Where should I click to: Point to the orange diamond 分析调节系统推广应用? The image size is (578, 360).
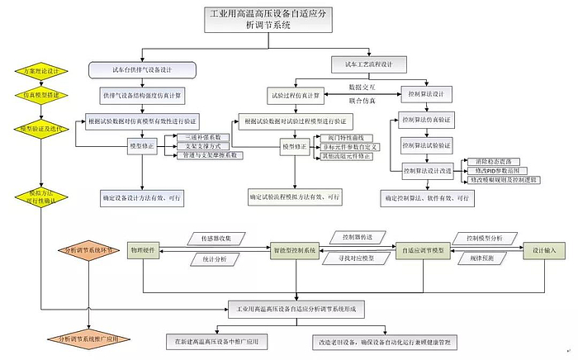89,339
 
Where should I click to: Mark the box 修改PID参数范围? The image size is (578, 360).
499,169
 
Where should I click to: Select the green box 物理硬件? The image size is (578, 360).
144,249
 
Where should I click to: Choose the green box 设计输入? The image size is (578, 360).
543,249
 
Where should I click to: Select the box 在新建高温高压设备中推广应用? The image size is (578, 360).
218,340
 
